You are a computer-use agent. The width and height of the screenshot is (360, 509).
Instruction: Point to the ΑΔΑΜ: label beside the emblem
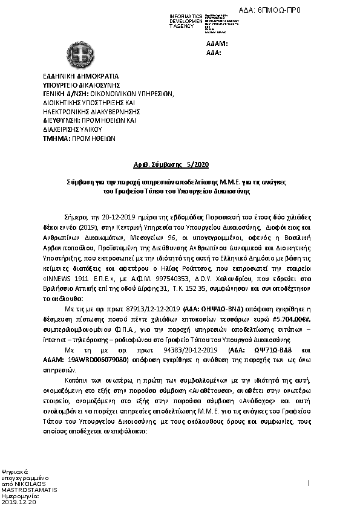click(217, 44)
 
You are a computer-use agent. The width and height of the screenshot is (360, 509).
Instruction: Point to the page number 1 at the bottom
click(309, 482)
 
